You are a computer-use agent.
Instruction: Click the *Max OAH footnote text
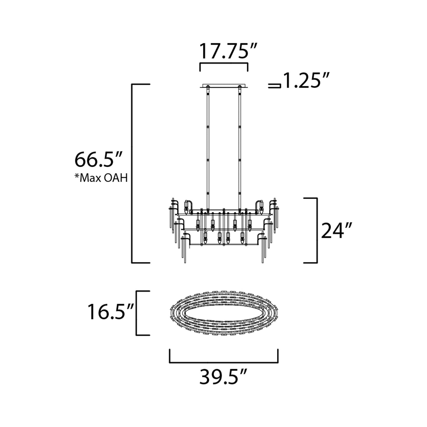click(101, 178)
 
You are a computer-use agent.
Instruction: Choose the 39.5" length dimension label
click(223, 376)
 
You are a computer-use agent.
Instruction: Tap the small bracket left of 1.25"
click(274, 86)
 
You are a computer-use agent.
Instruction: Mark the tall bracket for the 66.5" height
click(132, 173)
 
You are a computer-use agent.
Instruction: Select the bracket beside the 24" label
click(316, 230)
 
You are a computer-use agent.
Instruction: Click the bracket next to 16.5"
click(137, 313)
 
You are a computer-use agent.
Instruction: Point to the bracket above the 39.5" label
click(223, 361)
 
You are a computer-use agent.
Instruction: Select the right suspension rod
click(240, 148)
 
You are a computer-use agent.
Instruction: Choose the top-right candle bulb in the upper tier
click(261, 207)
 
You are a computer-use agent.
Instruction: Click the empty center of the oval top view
click(224, 313)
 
